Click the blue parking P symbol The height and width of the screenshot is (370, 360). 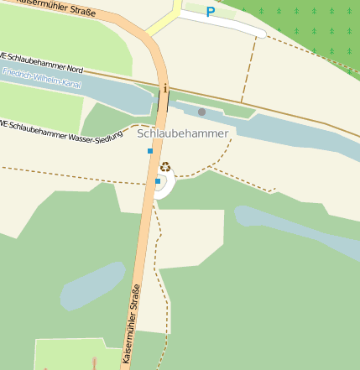[x=210, y=13]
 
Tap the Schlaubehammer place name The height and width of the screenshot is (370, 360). [x=182, y=133]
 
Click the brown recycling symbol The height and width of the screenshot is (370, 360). [x=165, y=167]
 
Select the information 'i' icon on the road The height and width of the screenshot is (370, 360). [x=166, y=87]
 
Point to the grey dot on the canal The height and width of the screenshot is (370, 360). [x=201, y=112]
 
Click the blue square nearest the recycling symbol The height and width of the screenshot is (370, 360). [x=157, y=180]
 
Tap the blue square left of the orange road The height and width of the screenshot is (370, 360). [x=150, y=151]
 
